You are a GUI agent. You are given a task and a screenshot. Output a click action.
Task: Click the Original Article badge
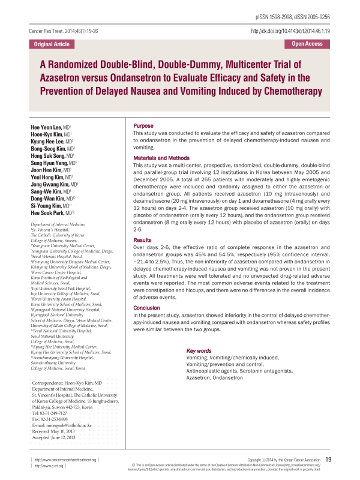click(51, 44)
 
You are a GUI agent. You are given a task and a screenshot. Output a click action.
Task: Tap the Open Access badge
click(307, 44)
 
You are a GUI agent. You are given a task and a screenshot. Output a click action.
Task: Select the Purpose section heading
click(143, 125)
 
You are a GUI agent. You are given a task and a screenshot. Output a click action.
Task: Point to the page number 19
click(337, 460)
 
